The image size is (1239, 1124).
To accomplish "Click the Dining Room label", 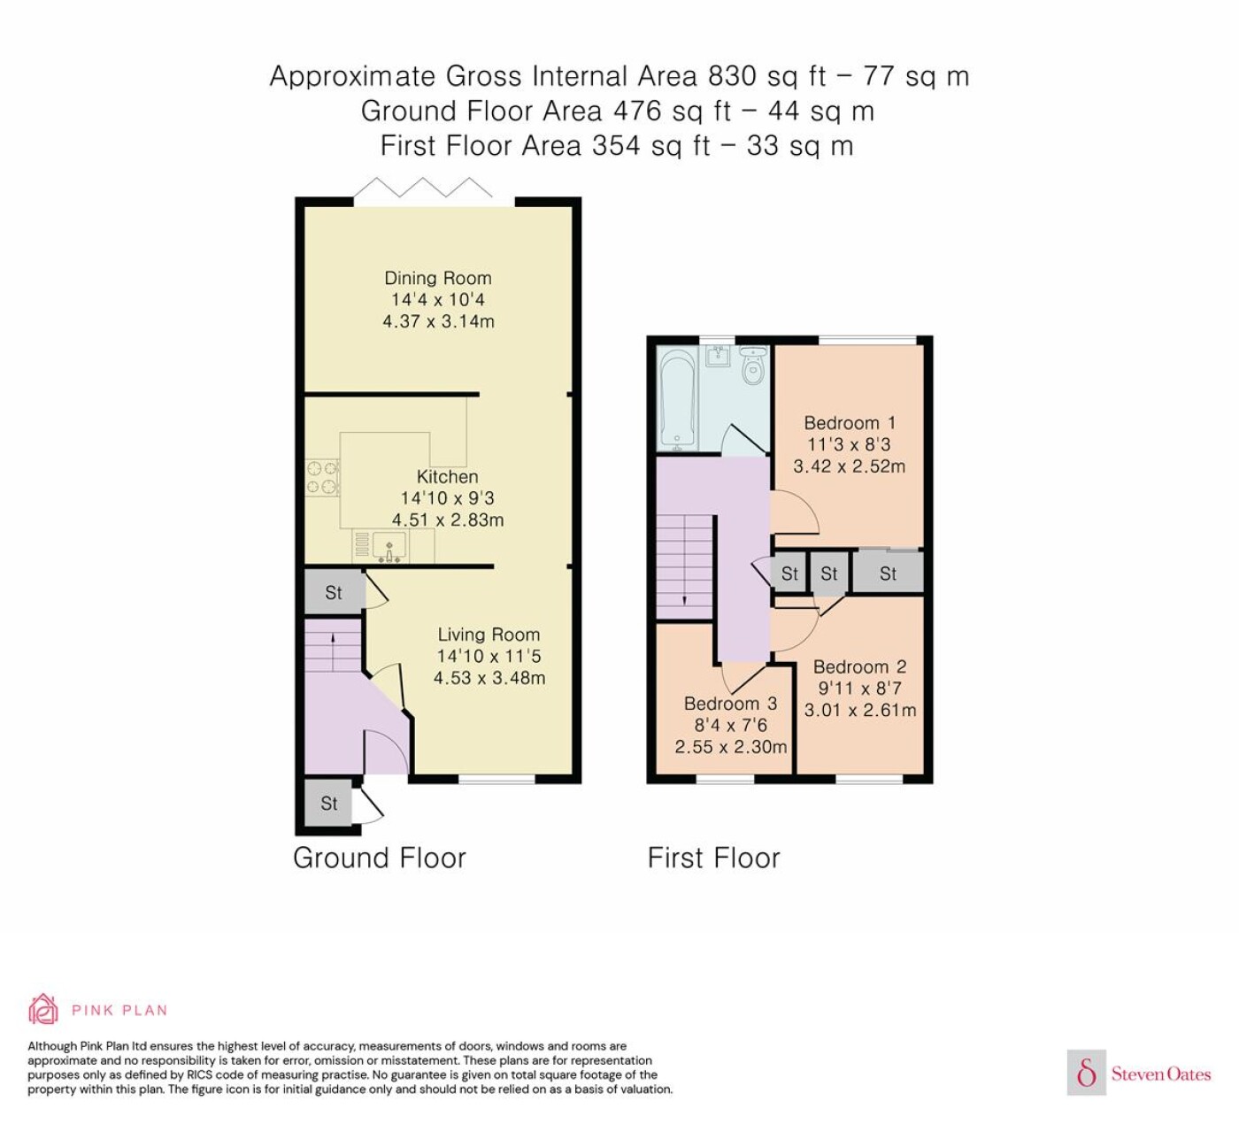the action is coord(438,278).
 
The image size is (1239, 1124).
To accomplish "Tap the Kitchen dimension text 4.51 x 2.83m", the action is coord(448,520).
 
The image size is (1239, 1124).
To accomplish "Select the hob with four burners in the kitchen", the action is coord(322,478).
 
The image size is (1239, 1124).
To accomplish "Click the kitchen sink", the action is coord(389,547).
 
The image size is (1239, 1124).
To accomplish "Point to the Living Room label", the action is coord(489,635).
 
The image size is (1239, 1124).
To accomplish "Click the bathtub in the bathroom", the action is coord(678,399).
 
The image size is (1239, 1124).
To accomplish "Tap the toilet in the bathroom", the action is coord(752,366).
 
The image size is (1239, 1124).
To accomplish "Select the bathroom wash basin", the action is coord(718,356).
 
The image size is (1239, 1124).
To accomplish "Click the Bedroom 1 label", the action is coord(850,423).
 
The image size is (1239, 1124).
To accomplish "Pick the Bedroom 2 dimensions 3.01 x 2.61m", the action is coord(859,710).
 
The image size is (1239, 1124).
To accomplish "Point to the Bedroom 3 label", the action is coord(731,704).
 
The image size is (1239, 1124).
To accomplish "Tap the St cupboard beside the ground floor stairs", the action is coord(335,592).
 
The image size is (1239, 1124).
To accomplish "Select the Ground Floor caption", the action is coord(380,858).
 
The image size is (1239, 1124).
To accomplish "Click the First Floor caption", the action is coord(713,858).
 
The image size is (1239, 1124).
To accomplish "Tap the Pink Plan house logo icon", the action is coord(43,1010).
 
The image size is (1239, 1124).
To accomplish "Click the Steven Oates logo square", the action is coord(1087,1072).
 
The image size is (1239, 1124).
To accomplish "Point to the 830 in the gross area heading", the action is coord(732,76).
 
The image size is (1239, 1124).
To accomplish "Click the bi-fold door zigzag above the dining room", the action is coord(423,187).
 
